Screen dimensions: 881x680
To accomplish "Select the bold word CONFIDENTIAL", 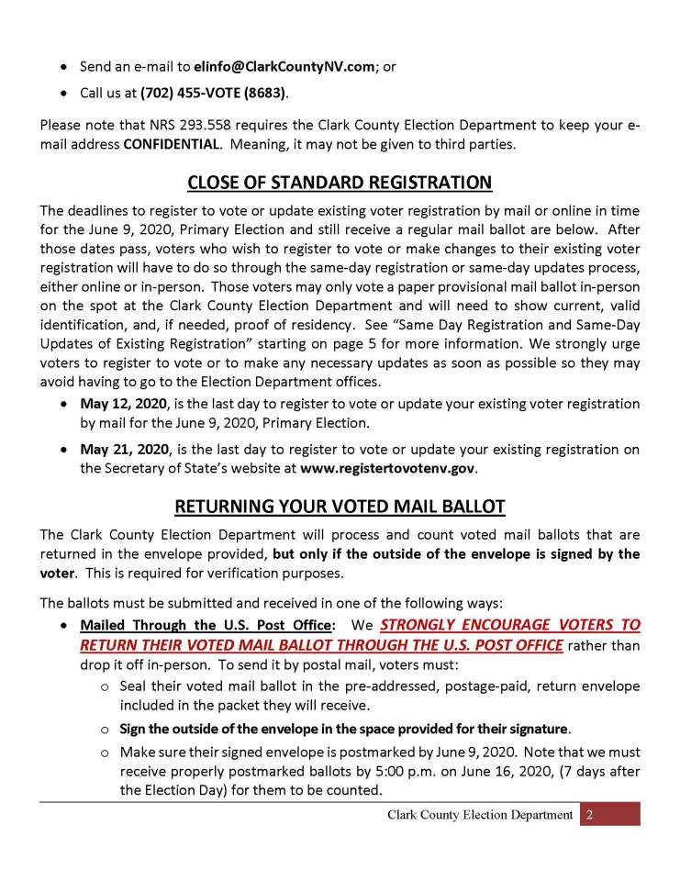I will pyautogui.click(x=171, y=145).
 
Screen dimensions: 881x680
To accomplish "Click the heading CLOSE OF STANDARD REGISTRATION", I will pyautogui.click(x=340, y=183).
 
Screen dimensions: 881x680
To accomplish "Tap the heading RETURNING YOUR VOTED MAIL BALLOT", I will pyautogui.click(x=340, y=506).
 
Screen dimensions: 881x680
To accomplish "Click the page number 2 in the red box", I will pyautogui.click(x=591, y=814).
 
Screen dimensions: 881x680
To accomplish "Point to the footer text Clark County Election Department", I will pyautogui.click(x=480, y=814).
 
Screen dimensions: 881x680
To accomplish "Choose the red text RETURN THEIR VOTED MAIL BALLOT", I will pyautogui.click(x=321, y=644).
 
